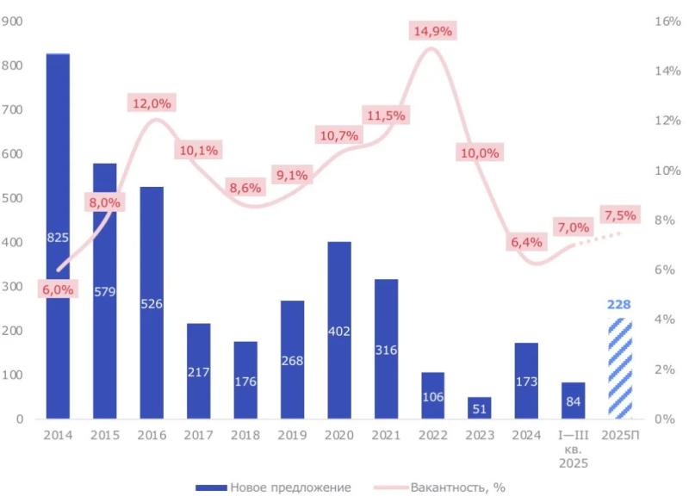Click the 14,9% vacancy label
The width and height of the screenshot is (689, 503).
coord(432,30)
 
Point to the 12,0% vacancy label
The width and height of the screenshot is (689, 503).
coord(152,103)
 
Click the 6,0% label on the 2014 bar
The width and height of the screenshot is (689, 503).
coord(58,289)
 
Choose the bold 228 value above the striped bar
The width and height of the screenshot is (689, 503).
coord(620,304)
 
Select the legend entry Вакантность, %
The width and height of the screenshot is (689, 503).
coord(439,487)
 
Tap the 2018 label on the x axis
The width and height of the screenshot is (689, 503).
coord(245,435)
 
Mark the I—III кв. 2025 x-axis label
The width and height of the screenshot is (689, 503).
coord(574,449)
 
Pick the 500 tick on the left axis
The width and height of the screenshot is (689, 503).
coord(12,198)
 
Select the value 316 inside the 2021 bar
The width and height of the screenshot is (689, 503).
coord(386,349)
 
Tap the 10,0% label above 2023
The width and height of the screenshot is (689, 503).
coord(479,152)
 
